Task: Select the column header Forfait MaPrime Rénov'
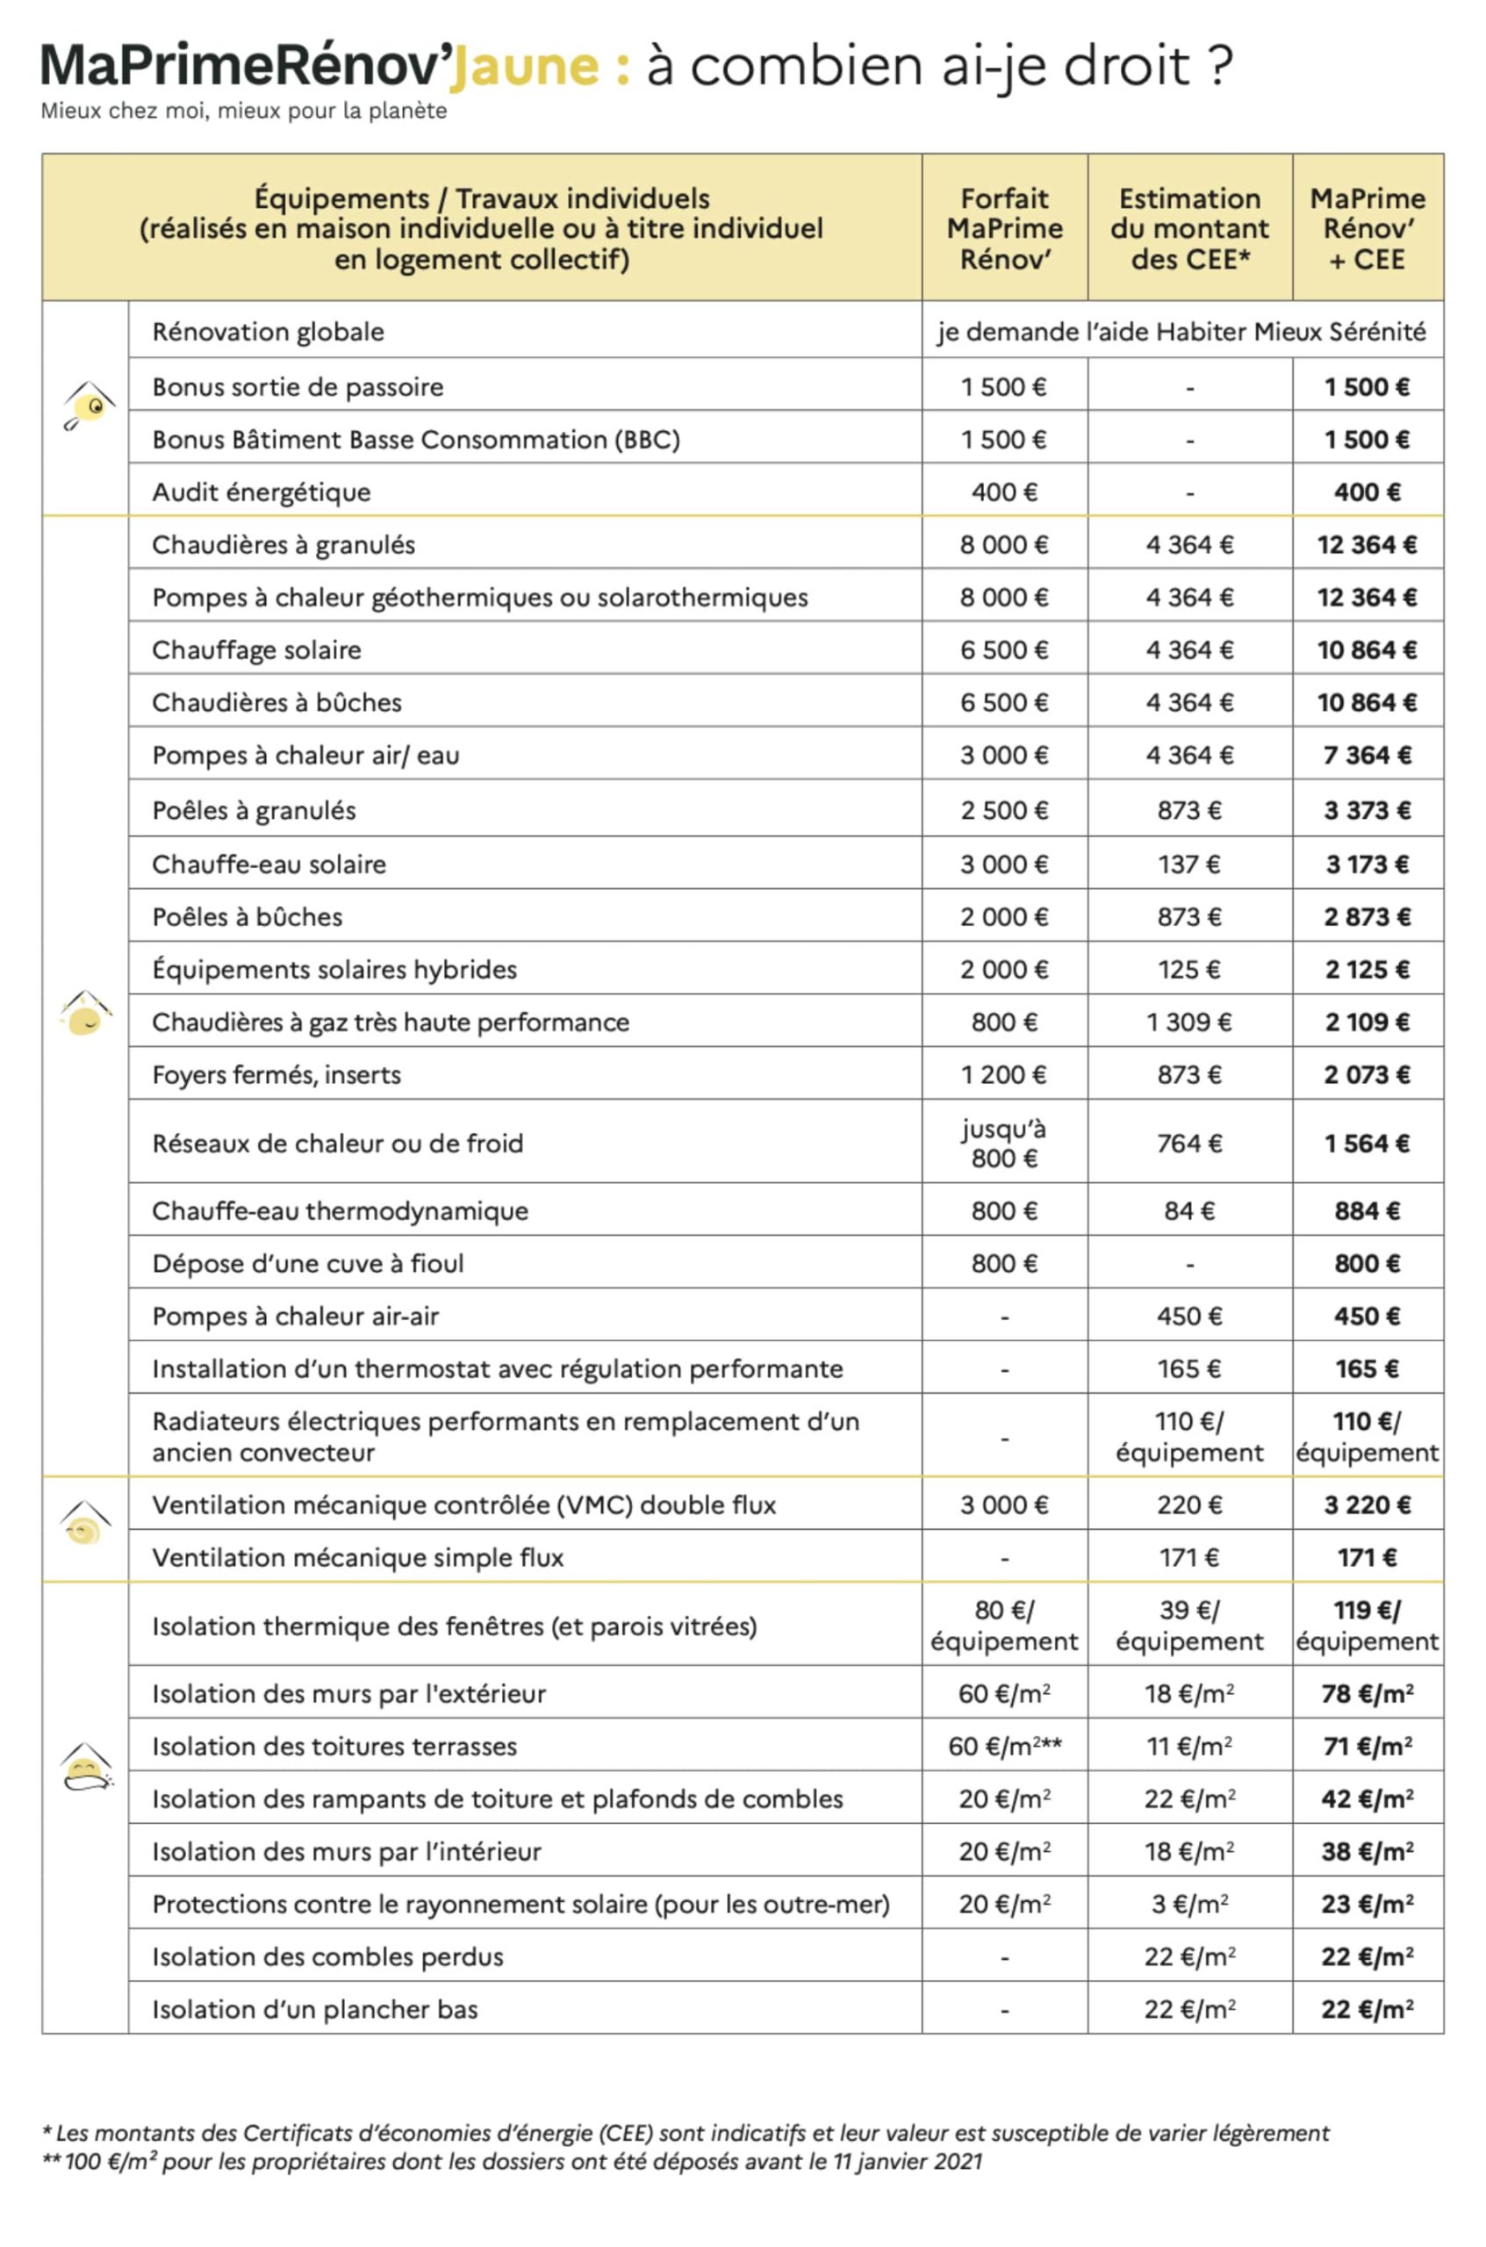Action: point(1005,228)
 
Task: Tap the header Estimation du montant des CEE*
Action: point(1189,228)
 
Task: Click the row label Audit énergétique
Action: point(262,492)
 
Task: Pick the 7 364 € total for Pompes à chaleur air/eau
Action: point(1367,756)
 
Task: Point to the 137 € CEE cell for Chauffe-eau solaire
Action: point(1189,865)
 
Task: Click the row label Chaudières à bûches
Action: point(276,702)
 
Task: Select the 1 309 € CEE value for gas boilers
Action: point(1189,1022)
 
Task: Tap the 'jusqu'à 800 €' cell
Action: point(1005,1143)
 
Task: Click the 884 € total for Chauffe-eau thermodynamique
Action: point(1367,1210)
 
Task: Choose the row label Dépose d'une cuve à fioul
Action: point(308,1263)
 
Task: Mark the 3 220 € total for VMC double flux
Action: point(1367,1505)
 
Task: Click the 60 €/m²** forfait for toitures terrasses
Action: point(1005,1746)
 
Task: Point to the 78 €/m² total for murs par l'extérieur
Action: point(1367,1693)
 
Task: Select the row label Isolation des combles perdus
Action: point(328,1956)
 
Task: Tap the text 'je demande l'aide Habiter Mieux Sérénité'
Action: point(1181,332)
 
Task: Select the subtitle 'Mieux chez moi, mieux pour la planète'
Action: point(243,111)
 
